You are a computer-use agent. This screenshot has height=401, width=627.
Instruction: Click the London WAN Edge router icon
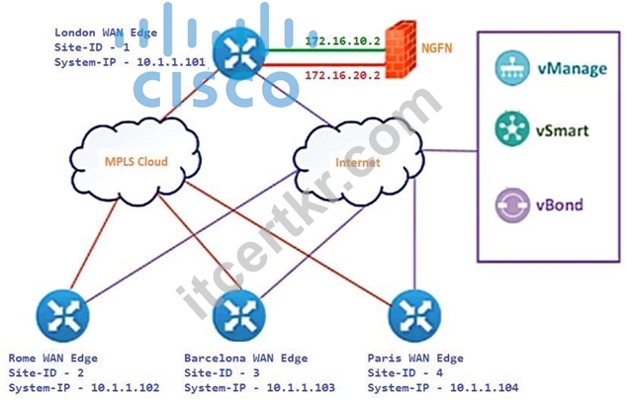click(238, 53)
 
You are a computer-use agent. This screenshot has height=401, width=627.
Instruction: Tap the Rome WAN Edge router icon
click(62, 315)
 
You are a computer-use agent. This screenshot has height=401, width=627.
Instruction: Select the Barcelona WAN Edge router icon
click(238, 315)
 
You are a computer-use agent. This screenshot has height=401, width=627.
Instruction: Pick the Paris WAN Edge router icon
click(414, 315)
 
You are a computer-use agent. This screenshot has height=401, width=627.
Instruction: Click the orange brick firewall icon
click(401, 49)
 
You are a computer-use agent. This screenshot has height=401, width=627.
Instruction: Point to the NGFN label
click(437, 48)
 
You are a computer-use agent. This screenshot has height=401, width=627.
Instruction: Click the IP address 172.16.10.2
click(343, 40)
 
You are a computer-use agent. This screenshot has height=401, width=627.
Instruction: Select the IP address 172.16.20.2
click(343, 75)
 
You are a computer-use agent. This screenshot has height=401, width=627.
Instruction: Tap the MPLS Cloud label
click(135, 161)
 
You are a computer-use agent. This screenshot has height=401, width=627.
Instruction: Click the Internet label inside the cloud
click(357, 163)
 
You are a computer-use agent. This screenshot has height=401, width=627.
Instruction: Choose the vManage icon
click(512, 68)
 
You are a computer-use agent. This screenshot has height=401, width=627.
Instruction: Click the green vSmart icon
click(512, 128)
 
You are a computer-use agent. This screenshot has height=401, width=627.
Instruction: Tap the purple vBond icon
click(512, 204)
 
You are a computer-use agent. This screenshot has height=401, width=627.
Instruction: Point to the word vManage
click(572, 69)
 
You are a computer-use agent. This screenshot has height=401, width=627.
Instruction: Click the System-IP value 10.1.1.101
click(171, 62)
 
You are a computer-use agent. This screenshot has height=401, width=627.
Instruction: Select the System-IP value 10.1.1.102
click(126, 387)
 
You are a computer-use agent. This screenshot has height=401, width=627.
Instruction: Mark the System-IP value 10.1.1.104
click(485, 387)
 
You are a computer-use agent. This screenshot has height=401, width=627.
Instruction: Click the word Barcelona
click(215, 358)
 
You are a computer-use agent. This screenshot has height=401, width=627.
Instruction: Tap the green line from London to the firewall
click(326, 50)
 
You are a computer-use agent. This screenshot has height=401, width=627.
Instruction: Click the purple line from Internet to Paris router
click(414, 234)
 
